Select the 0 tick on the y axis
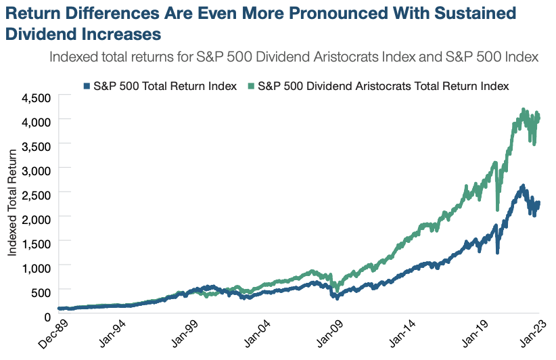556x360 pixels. pos(49,315)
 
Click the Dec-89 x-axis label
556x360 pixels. pos(51,334)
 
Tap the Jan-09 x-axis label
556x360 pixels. pos(331,334)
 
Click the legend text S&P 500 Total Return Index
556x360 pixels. pos(164,86)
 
